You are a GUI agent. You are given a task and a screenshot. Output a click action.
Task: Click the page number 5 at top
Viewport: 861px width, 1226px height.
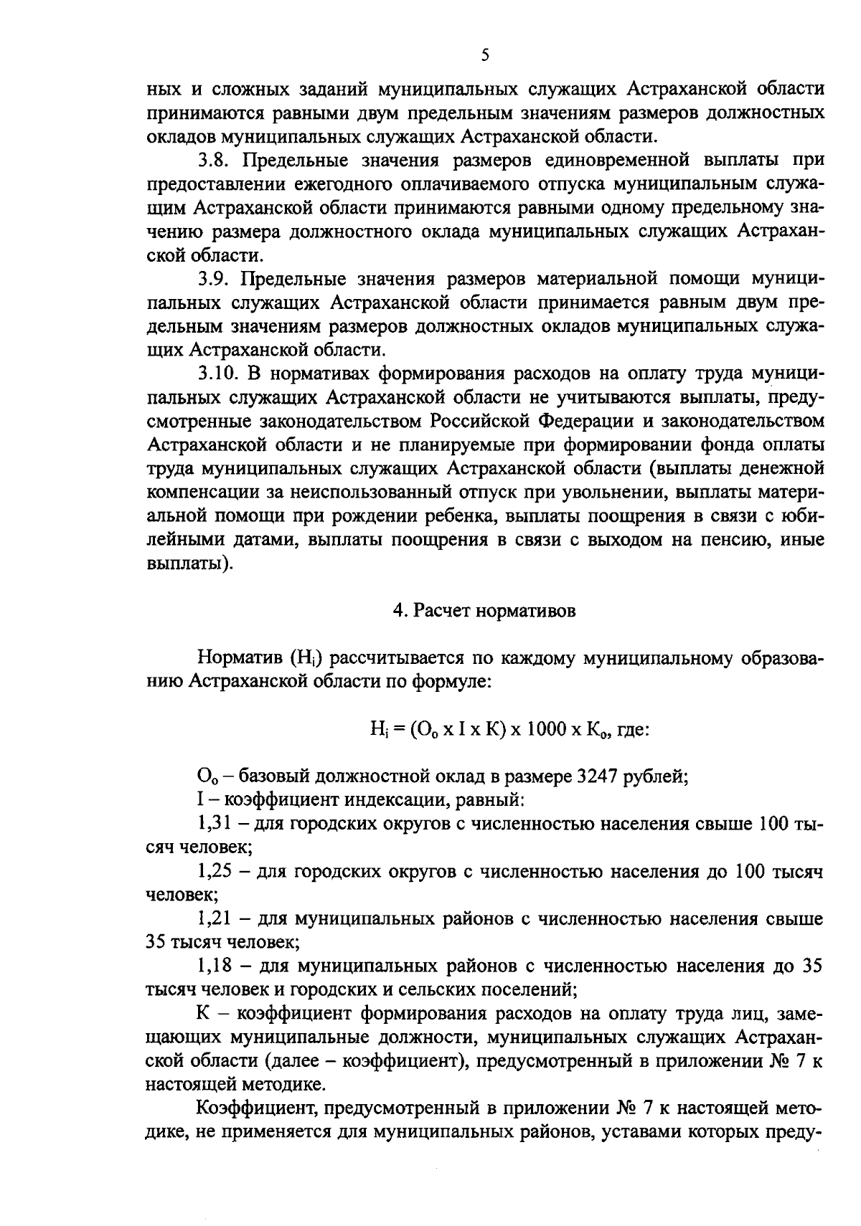484,55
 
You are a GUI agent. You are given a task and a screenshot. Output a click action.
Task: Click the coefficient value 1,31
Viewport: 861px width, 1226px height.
213,823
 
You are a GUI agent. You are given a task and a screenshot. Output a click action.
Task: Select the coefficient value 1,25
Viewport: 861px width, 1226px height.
213,871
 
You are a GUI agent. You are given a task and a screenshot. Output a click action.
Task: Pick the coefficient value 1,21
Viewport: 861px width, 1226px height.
213,918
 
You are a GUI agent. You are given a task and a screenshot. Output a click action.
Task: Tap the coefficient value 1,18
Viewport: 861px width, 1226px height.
213,966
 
